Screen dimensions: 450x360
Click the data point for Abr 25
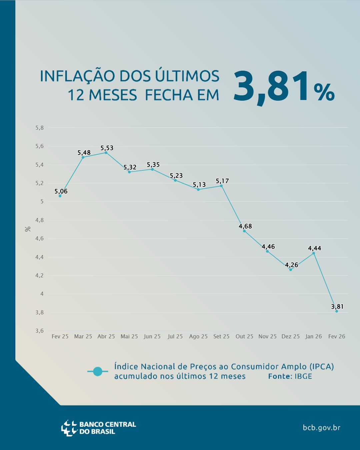click(106, 152)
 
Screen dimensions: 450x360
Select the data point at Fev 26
click(337, 311)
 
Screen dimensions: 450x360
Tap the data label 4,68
click(245, 226)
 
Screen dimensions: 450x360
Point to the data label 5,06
click(61, 191)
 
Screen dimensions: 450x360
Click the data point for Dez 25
click(291, 270)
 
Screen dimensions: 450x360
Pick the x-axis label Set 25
click(221, 336)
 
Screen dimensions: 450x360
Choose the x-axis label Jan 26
click(314, 336)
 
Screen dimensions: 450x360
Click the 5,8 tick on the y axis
click(40, 128)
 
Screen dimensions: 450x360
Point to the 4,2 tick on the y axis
click(40, 275)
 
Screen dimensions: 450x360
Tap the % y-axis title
click(28, 229)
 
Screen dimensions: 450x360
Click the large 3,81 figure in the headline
click(272, 87)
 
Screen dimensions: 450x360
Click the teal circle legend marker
click(98, 371)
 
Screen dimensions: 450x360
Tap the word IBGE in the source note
click(303, 376)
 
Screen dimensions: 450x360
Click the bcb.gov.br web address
click(322, 428)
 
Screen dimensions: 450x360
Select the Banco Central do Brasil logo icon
click(69, 428)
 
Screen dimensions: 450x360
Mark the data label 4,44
click(314, 248)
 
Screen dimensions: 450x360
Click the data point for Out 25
click(244, 231)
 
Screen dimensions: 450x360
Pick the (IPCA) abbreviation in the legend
click(322, 367)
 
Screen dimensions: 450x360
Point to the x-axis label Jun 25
click(152, 336)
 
